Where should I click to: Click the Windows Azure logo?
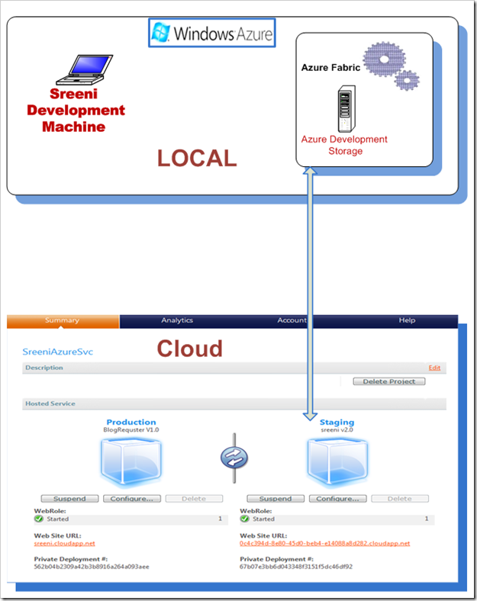point(211,34)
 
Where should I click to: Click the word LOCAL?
point(197,158)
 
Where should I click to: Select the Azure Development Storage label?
point(344,145)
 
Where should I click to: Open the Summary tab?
point(62,320)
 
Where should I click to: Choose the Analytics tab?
point(177,320)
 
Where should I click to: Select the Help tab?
point(407,320)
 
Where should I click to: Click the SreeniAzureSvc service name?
point(63,352)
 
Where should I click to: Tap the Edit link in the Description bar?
point(434,368)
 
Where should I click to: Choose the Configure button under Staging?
point(338,499)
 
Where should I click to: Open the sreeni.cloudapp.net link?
point(65,543)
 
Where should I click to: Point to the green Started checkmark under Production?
point(39,519)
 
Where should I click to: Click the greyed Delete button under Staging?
point(400,499)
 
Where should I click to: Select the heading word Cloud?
point(190,349)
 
